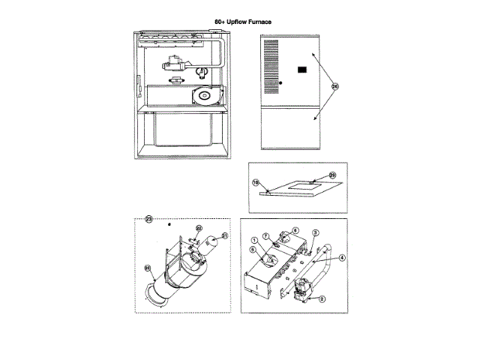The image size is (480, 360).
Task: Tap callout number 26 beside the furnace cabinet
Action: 334,87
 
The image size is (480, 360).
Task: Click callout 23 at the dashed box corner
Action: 148,219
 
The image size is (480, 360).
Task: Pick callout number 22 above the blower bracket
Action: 199,228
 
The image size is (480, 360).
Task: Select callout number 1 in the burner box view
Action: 253,239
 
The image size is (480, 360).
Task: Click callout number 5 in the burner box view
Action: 253,250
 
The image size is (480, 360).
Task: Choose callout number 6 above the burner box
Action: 295,231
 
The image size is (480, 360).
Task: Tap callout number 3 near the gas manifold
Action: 316,233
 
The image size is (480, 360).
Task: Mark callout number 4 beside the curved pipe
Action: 342,258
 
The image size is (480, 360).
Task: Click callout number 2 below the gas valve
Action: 322,298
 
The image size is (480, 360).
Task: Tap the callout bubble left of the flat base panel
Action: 255,182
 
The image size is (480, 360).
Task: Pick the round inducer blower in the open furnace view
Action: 203,95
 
